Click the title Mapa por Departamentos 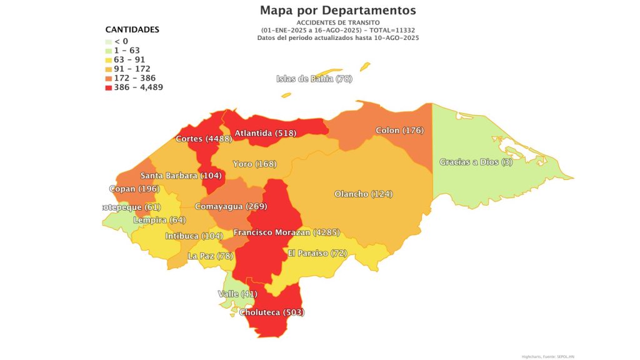(x=337, y=11)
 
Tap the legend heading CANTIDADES (x=132, y=29)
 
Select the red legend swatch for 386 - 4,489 (x=109, y=87)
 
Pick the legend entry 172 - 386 (x=134, y=78)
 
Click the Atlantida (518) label (x=265, y=133)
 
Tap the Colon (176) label (x=399, y=131)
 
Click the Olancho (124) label (x=363, y=194)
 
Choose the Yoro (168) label (x=254, y=164)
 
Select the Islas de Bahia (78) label (x=314, y=79)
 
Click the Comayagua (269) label (x=231, y=206)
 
